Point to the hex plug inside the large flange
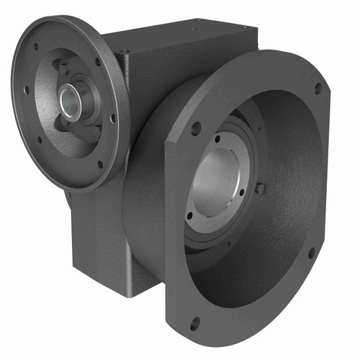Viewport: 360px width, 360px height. (260, 188)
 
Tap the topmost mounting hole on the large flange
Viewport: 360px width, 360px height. (318, 89)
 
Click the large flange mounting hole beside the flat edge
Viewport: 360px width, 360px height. (195, 130)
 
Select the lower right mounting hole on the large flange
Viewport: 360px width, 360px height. (311, 253)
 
